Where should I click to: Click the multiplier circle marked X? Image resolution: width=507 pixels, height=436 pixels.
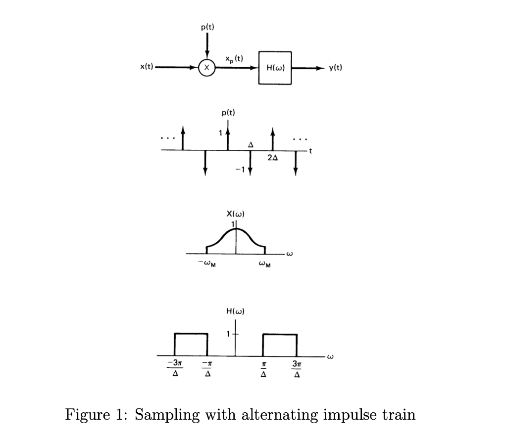pos(207,68)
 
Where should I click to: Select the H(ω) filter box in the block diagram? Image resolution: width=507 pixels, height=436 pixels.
pos(275,68)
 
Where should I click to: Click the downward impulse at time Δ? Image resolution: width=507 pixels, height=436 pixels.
pos(251,163)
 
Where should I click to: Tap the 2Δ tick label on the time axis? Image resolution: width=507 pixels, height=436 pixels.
pos(272,158)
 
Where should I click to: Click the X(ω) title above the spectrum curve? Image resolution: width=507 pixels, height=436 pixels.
pos(236,214)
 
